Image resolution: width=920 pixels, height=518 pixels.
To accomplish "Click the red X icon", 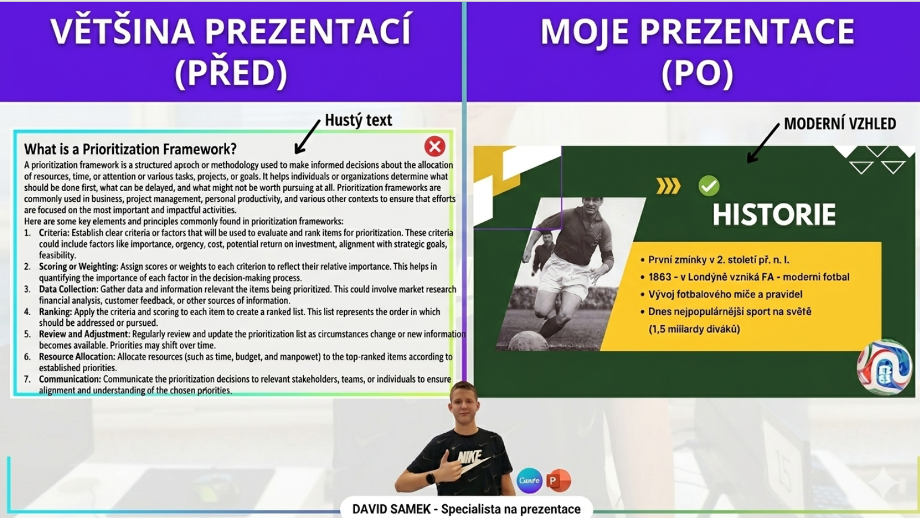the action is pos(434,146).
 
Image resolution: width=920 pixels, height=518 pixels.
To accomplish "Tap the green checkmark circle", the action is pos(709,186).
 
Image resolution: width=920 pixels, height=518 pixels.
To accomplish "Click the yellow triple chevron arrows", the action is pos(668,186).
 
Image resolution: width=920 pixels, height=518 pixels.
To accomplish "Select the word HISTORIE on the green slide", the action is pos(774,214).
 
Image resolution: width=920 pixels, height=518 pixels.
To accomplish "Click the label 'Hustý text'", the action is pos(358,120).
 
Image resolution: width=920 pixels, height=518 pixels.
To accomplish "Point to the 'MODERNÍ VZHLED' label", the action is pos(840,124).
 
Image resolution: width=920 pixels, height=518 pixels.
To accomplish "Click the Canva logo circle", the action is pos(529,480).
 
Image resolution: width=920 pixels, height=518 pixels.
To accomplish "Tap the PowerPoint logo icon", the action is pos(558,480).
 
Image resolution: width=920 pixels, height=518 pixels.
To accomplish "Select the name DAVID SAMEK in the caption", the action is pos(391,510).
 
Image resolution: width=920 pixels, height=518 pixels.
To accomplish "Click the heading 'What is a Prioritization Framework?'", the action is pos(130,149).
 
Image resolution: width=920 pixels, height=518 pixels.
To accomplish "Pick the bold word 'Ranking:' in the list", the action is pos(55,312).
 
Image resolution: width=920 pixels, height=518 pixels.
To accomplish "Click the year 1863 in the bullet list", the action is pos(660,277).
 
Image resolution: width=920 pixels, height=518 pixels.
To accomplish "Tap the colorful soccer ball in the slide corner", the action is pos(884,367).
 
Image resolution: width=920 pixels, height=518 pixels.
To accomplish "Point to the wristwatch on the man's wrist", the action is pos(430,479).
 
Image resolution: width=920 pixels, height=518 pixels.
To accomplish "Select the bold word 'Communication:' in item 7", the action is pos(70,379).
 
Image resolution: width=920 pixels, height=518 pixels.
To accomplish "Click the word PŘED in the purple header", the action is pos(231,73).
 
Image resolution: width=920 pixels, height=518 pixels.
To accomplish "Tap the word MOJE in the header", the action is pos(584,31).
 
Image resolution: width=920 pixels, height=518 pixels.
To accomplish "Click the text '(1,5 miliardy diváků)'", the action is pos(694,329).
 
